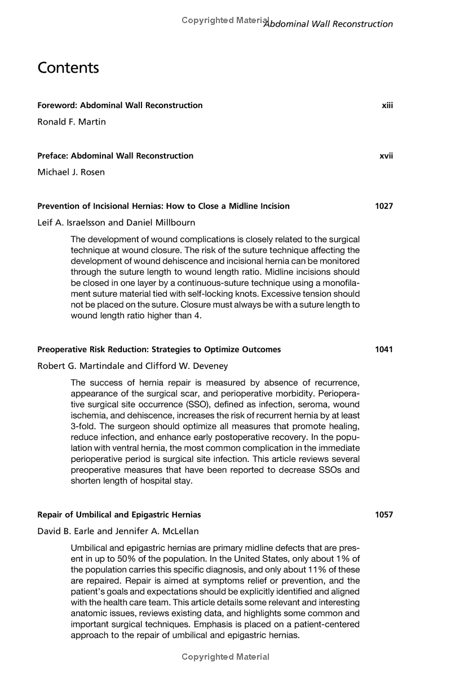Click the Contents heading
68,68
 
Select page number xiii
387,105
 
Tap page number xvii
386,156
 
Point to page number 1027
384,206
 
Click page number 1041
384,349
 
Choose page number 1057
384,514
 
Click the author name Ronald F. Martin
72,122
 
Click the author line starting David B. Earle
118,531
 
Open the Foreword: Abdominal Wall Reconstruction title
120,105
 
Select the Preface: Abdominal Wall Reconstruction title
115,156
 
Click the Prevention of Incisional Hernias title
163,206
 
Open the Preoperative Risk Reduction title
159,349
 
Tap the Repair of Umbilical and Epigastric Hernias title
119,514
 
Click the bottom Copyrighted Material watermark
225,657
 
